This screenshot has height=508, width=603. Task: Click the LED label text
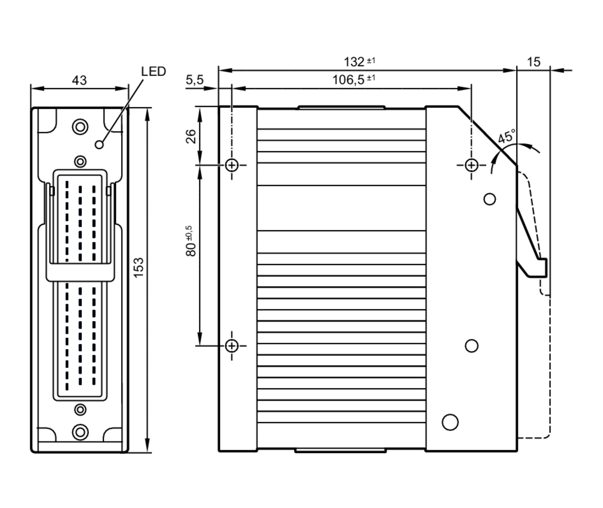coord(153,72)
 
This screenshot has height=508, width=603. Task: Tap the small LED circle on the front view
coord(99,145)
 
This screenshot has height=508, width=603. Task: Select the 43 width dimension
coord(79,80)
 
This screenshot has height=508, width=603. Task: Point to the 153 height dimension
coord(139,268)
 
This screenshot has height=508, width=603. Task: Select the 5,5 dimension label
coord(194,80)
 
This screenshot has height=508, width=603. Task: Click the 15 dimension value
coord(533,62)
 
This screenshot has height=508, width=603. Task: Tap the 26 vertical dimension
coord(191,136)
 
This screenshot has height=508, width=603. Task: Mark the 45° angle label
coord(507,137)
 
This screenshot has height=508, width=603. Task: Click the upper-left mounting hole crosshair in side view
coord(232,165)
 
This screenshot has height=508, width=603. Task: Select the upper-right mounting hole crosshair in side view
coord(472,165)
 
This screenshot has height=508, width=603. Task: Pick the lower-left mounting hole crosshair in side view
coord(232,346)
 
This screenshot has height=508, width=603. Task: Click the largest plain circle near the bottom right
coord(450,422)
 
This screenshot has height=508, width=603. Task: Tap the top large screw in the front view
coord(80,127)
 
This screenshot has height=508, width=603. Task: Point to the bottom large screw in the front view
coord(80,432)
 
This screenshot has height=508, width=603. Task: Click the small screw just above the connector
coord(80,162)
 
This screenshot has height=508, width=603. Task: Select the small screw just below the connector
coord(80,410)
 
